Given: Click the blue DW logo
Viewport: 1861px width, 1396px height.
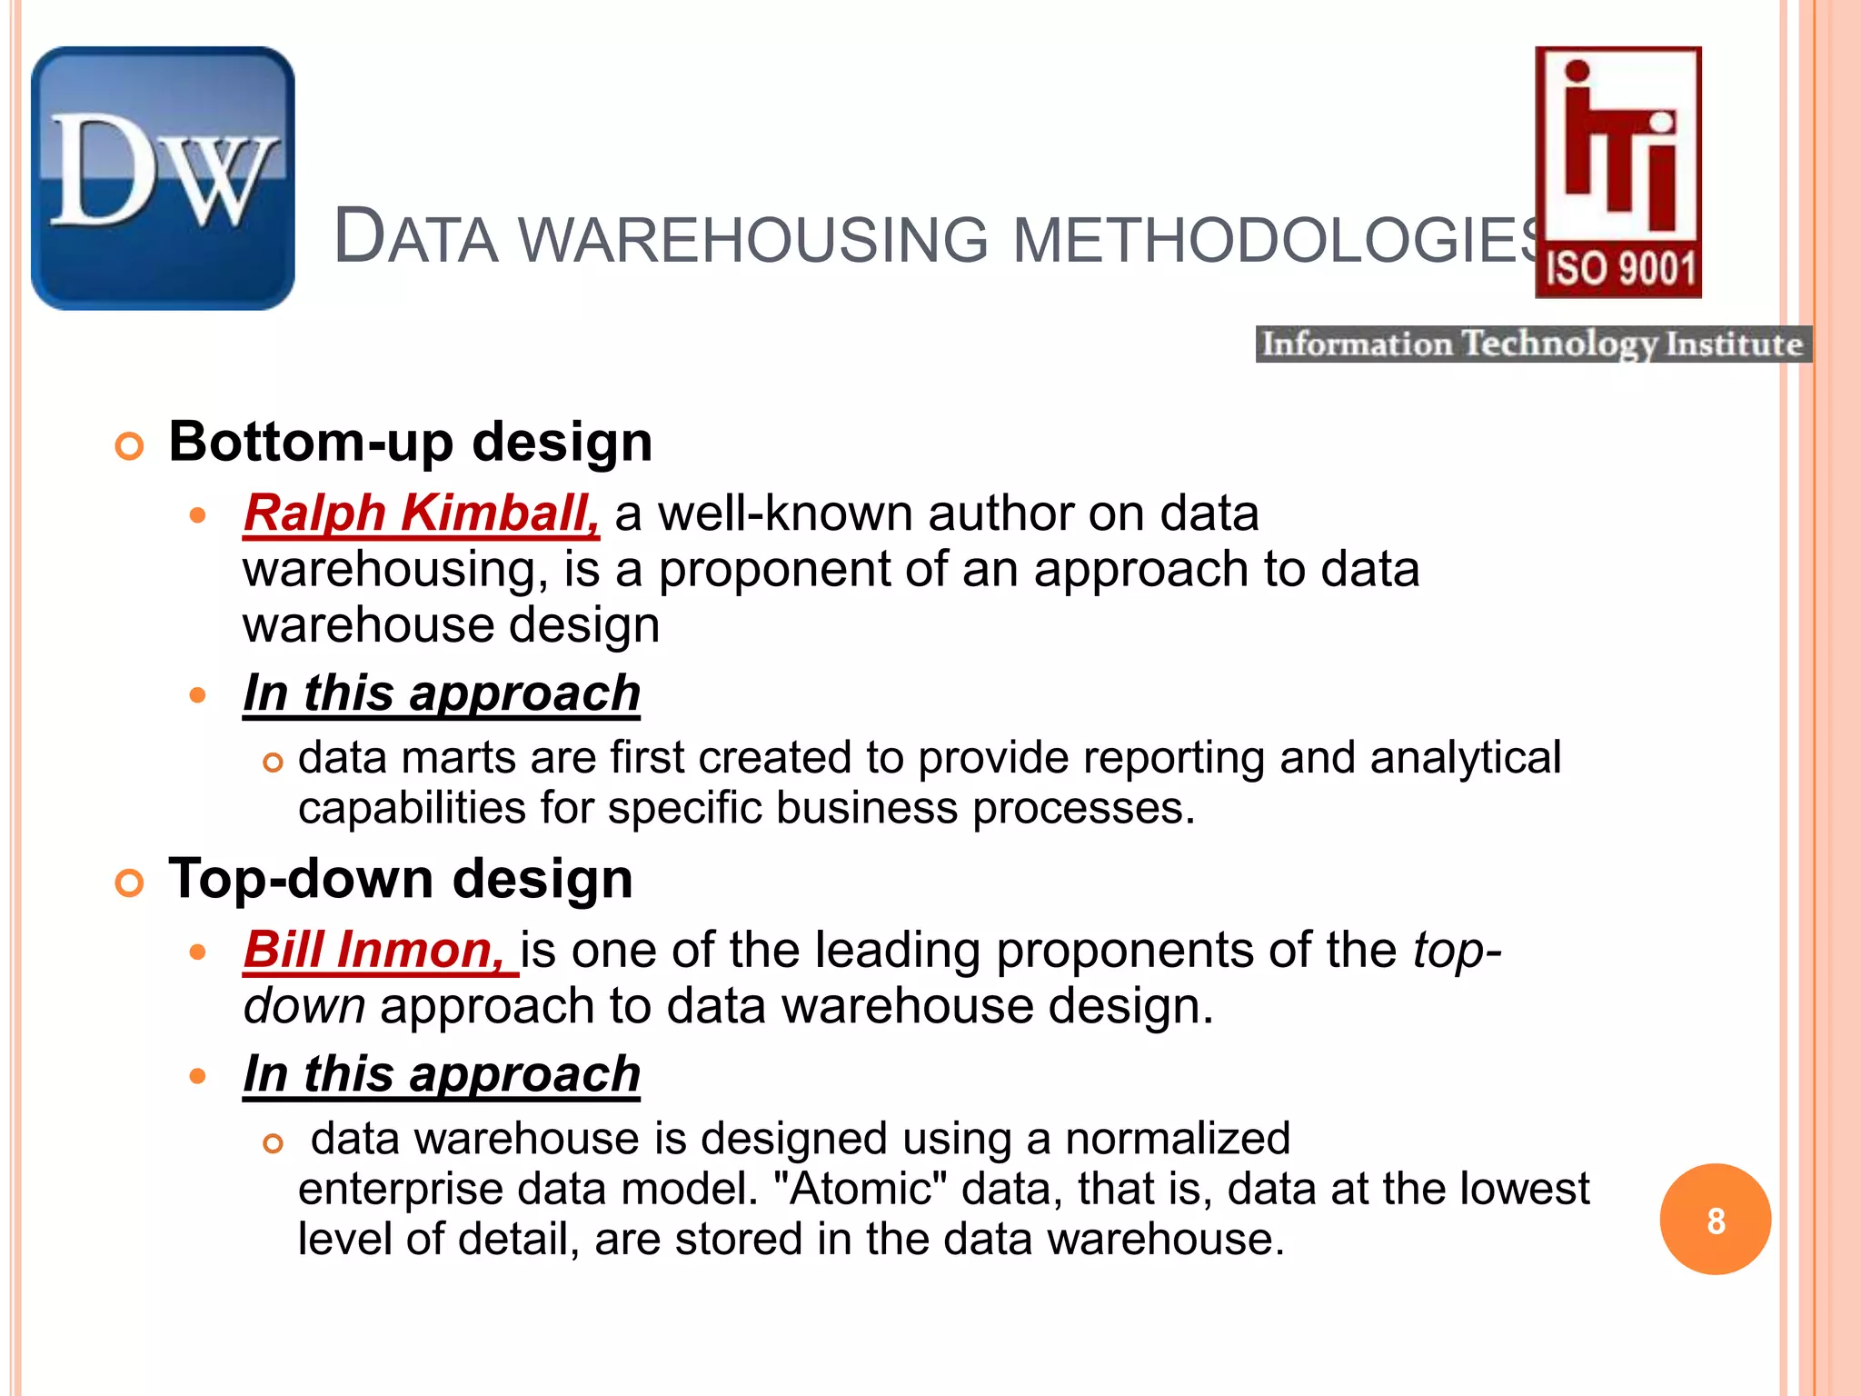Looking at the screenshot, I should coord(163,178).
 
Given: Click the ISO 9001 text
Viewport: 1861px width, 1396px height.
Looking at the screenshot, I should coord(1619,270).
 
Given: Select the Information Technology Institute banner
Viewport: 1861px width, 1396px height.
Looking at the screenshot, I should coord(1533,344).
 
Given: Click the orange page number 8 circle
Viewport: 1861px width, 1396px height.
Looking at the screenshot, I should coord(1715,1220).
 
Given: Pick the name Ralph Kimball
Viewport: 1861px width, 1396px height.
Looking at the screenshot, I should coord(421,514).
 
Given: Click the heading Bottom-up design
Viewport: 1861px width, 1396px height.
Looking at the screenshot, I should coord(411,443).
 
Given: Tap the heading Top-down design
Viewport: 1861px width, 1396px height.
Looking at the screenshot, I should coord(401,880).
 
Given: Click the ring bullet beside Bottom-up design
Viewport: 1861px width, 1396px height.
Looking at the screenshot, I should coord(130,446).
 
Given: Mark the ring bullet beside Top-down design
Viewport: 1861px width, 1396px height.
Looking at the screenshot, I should coord(130,883).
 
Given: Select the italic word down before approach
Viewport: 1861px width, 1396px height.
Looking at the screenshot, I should coord(304,1007).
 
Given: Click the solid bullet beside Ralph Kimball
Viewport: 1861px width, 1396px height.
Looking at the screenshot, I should coord(198,516).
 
